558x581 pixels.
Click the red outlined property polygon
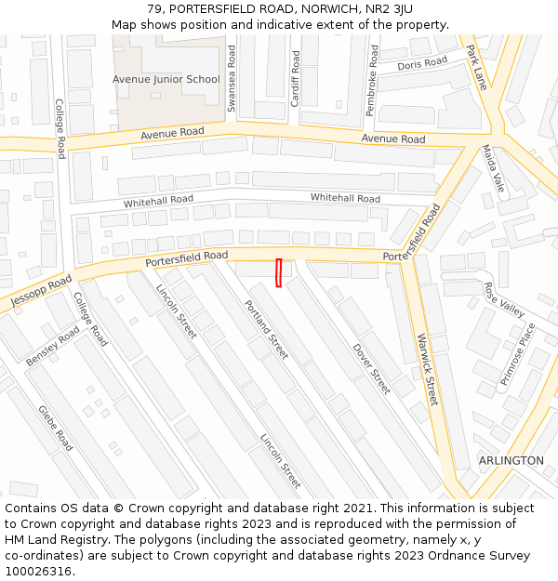(278, 272)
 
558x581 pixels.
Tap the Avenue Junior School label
(166, 80)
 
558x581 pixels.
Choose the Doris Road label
(422, 65)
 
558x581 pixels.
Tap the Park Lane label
(477, 67)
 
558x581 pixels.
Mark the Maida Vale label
(493, 168)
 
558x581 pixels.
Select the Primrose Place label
(519, 353)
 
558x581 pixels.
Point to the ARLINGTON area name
(511, 460)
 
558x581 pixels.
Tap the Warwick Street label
(427, 369)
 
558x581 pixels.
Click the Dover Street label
(371, 369)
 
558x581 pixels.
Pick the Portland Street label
(266, 330)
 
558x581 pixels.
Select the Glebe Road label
(55, 428)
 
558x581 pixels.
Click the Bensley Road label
(53, 346)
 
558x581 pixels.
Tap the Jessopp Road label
(41, 292)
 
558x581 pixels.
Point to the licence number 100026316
(38, 571)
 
